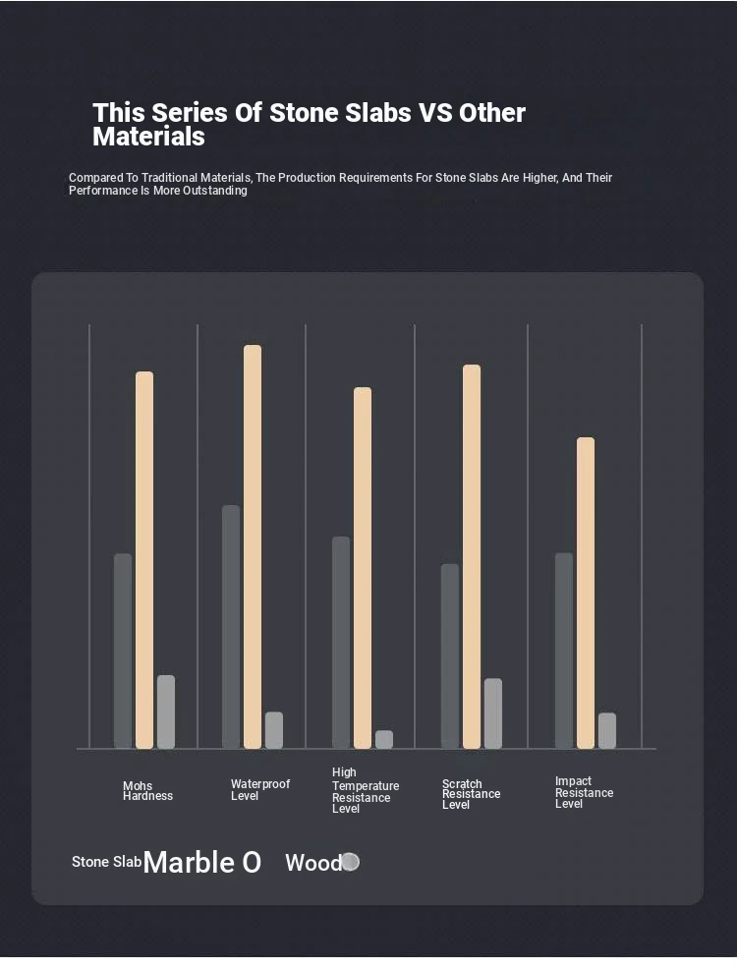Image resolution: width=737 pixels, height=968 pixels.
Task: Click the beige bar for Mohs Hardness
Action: click(144, 560)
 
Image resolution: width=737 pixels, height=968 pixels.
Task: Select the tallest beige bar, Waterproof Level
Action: click(253, 546)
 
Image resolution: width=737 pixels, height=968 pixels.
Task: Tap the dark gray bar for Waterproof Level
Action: click(231, 627)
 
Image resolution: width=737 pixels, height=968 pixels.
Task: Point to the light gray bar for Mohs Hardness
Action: click(166, 712)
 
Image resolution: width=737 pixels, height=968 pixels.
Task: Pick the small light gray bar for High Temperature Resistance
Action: click(384, 739)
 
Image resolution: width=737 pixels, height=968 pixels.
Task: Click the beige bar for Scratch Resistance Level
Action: click(472, 556)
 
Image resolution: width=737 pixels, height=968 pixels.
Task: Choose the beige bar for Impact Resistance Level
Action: click(586, 593)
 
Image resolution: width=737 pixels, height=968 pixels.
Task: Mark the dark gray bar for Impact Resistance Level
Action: click(564, 651)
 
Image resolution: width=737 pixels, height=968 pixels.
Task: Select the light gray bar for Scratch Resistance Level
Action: click(493, 713)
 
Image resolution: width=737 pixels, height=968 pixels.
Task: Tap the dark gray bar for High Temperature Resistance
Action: click(341, 643)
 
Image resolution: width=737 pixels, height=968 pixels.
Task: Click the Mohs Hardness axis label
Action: click(147, 791)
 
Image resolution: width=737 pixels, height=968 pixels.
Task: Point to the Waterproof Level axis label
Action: click(260, 790)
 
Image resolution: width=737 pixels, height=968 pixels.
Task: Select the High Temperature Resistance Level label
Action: click(366, 791)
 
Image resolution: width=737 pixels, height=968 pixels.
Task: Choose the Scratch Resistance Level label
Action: click(472, 794)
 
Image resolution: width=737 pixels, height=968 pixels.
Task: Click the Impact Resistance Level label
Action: click(584, 793)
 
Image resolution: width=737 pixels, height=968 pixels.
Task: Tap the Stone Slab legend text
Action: click(106, 862)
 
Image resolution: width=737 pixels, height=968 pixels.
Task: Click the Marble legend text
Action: click(190, 863)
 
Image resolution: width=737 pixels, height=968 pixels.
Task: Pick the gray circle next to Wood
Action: click(351, 862)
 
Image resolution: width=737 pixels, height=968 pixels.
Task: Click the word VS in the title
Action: click(435, 113)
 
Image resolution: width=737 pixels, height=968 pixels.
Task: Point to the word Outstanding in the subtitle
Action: click(215, 191)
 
